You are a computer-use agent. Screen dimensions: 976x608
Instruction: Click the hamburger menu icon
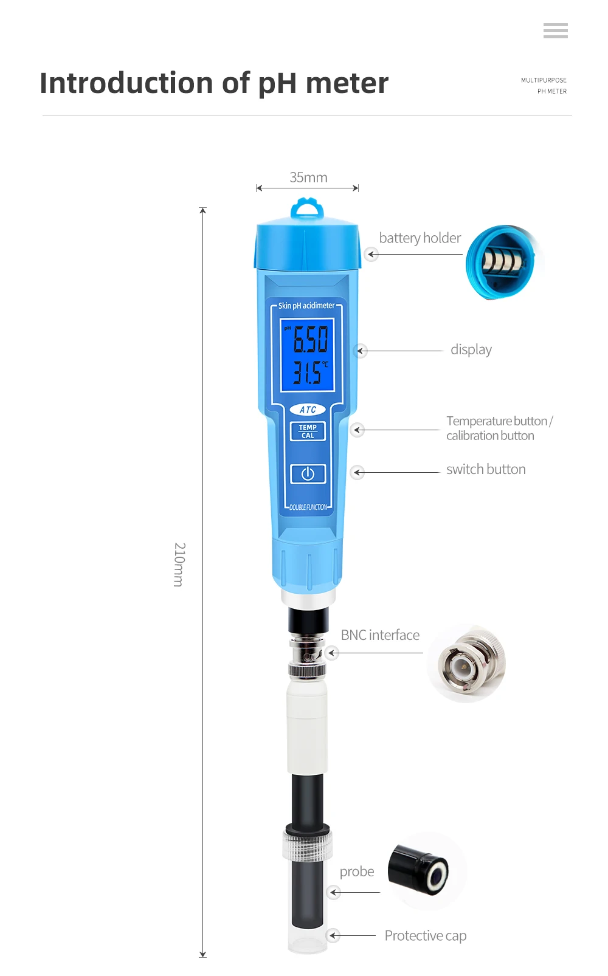click(555, 30)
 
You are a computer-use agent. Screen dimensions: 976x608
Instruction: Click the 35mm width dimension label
click(308, 177)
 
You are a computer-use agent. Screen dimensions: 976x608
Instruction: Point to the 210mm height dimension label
click(179, 565)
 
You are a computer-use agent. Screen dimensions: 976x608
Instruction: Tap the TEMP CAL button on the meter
click(308, 431)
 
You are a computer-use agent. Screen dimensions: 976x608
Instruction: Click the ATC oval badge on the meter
click(308, 410)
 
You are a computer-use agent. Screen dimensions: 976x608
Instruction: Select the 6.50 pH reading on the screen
click(310, 339)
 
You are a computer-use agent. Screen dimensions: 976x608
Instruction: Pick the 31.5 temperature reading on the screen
click(308, 372)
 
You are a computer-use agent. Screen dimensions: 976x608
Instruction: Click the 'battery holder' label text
click(420, 238)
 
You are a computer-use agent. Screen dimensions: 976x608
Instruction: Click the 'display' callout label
click(471, 349)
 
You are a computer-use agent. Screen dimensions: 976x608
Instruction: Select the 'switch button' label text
click(486, 469)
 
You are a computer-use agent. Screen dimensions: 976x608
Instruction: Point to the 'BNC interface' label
click(380, 635)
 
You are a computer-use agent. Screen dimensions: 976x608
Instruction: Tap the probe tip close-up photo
click(427, 870)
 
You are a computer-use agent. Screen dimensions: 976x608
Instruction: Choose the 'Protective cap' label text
click(425, 935)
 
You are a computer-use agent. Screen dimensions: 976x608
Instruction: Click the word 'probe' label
click(357, 871)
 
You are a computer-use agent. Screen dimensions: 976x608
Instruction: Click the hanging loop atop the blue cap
click(307, 208)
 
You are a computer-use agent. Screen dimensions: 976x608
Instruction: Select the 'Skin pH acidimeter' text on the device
click(306, 306)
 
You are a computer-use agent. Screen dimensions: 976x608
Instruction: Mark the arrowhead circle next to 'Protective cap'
click(333, 935)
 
